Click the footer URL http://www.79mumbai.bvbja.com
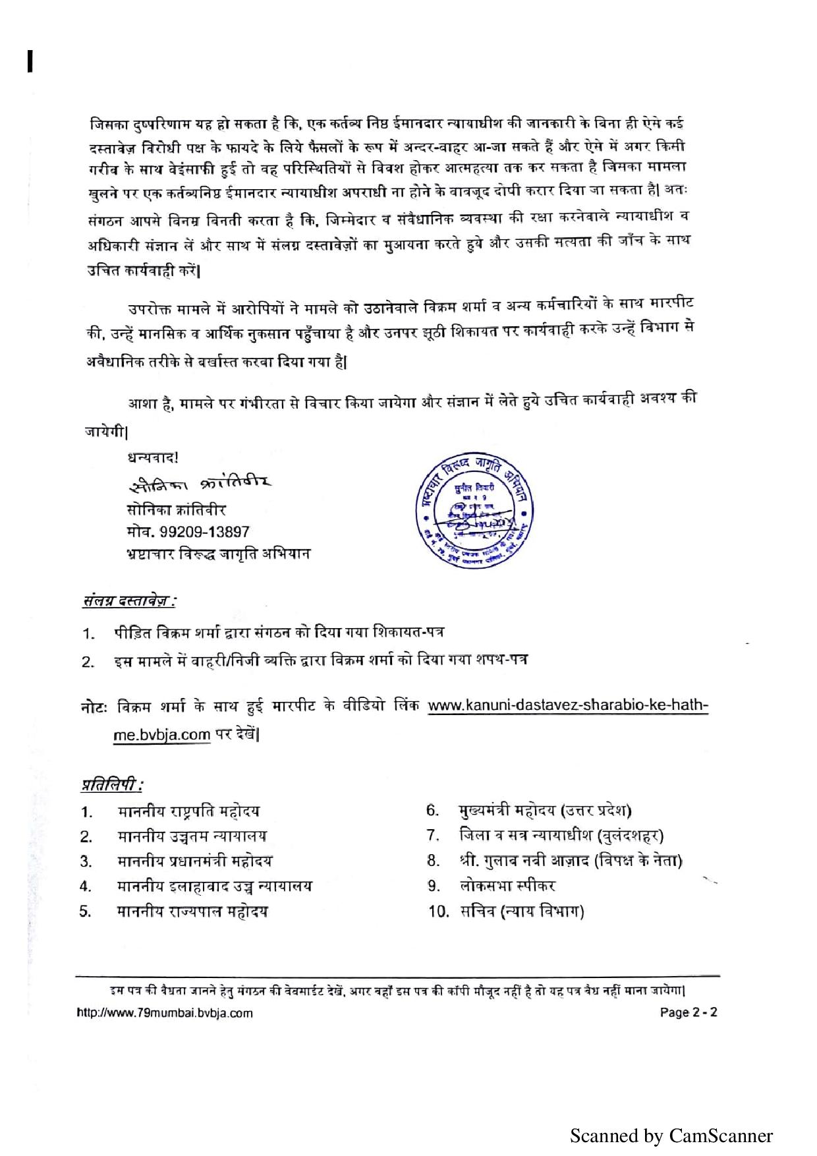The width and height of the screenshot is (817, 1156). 165,1012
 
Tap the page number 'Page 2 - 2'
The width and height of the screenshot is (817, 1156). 688,1012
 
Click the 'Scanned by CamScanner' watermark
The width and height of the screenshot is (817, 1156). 671,1136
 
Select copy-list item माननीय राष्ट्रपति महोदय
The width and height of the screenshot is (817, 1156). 189,811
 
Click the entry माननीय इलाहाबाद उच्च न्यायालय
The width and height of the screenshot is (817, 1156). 215,886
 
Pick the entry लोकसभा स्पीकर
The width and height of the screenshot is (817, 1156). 507,886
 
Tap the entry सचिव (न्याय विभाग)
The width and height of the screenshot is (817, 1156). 522,911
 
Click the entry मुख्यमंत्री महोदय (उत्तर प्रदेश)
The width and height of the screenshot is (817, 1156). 546,811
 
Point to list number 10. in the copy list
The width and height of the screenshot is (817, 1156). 439,912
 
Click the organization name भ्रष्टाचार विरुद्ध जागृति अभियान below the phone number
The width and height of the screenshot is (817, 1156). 217,554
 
